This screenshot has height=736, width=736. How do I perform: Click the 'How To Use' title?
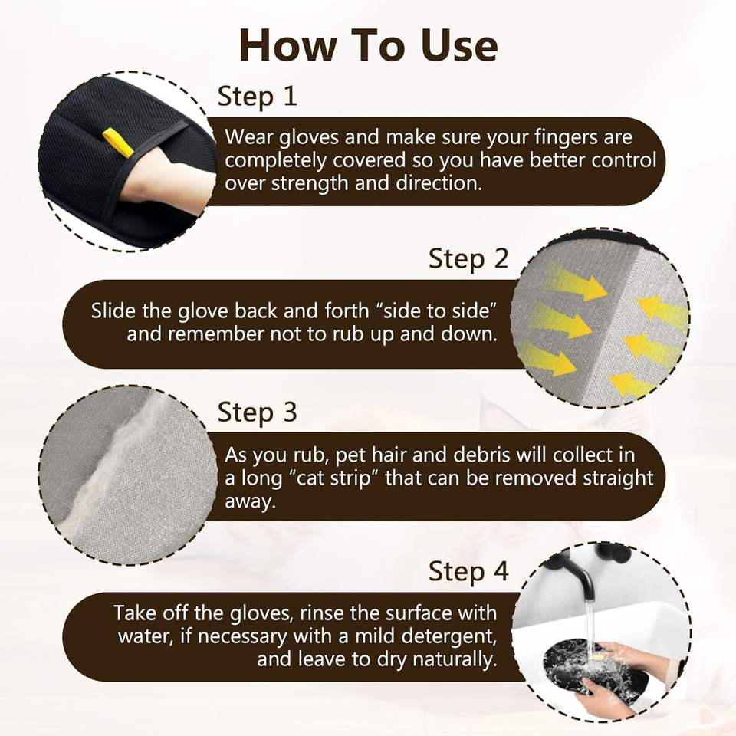pos(369,45)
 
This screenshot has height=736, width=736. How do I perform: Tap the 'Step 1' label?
pos(258,97)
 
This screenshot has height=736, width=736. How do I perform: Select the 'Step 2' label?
pos(468,258)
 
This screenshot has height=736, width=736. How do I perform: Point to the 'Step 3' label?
pos(258,412)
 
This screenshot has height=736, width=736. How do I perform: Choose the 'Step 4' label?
pos(468,572)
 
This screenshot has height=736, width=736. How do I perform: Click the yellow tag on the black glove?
pos(118,142)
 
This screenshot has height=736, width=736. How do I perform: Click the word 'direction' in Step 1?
pos(439,183)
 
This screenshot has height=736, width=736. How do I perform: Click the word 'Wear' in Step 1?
pos(249,137)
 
